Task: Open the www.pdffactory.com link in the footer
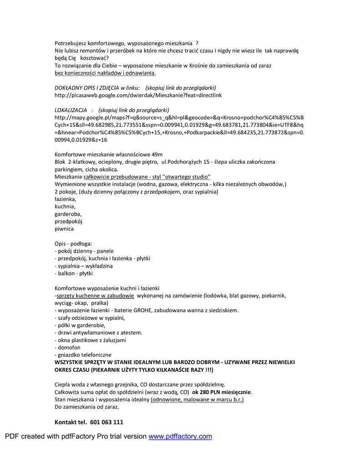tap(180, 436)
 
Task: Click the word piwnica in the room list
tap(64, 229)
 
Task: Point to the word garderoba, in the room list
tap(68, 214)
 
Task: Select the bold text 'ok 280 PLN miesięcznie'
tap(222, 392)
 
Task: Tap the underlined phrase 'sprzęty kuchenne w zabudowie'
tap(95, 295)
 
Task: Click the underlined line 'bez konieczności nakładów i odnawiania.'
tap(105, 73)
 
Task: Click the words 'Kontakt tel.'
tap(71, 422)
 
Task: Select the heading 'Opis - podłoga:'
tap(73, 244)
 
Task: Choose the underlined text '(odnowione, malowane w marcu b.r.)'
tap(198, 400)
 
